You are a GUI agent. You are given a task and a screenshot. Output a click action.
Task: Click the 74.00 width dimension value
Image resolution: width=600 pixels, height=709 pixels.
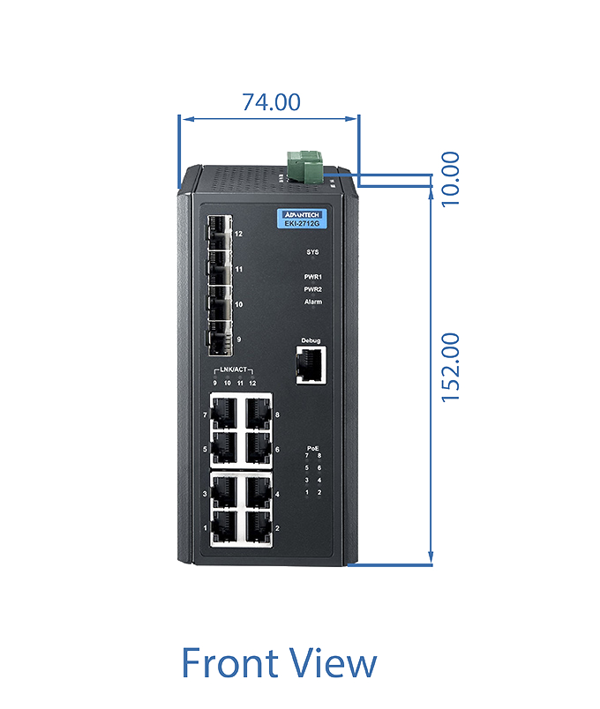[271, 102]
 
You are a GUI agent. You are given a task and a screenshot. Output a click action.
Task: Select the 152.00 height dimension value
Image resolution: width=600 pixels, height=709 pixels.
[451, 368]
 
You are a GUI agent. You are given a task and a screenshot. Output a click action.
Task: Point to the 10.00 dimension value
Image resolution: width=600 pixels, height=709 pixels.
[451, 179]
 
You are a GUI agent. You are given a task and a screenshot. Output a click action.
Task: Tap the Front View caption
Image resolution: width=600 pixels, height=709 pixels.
[279, 662]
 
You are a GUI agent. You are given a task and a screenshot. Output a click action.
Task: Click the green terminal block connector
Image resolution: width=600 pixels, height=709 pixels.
[305, 167]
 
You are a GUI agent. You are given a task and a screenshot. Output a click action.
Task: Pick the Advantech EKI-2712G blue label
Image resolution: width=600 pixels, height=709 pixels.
[302, 219]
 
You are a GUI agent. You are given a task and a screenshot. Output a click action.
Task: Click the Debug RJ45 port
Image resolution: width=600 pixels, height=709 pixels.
[311, 365]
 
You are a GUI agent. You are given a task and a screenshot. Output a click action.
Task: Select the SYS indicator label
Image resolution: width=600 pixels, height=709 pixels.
[312, 252]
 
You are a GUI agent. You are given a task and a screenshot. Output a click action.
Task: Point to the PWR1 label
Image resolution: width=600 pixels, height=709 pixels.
[312, 277]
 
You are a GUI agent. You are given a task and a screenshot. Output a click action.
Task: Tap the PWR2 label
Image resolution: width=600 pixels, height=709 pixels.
[312, 289]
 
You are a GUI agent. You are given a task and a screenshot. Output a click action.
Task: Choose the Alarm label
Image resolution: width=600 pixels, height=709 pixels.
[313, 302]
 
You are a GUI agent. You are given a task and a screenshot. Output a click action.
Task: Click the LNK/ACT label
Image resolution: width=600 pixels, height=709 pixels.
[234, 369]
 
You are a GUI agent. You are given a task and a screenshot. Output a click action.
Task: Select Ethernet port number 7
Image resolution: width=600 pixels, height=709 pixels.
[224, 414]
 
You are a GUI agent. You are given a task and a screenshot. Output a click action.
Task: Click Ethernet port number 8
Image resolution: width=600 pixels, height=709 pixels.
[259, 414]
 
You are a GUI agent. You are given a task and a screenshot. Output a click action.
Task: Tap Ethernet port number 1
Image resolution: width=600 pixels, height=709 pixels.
[224, 526]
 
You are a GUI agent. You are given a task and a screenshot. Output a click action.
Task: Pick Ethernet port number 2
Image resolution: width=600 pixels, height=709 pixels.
[259, 526]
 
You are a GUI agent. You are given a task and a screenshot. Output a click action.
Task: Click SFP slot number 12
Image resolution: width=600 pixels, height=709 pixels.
[220, 233]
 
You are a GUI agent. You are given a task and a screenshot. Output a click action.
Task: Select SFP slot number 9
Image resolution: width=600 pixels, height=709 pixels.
[220, 339]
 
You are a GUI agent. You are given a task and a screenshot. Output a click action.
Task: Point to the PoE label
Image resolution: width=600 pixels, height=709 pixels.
[312, 448]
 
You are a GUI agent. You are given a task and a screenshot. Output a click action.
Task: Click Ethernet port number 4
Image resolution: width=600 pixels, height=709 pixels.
[259, 492]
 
